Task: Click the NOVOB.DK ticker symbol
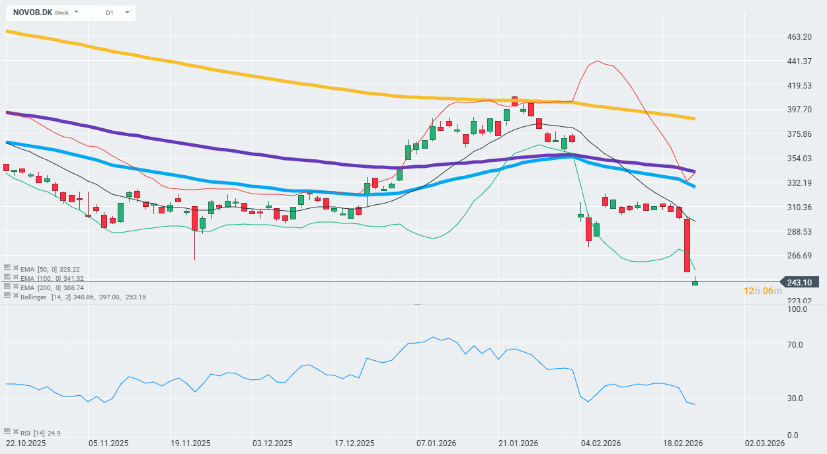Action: click(x=32, y=13)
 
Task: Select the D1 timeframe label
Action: click(x=109, y=13)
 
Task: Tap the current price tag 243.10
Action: click(x=799, y=282)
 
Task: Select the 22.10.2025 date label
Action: click(x=26, y=443)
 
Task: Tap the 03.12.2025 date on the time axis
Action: click(x=272, y=443)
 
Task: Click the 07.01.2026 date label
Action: click(x=436, y=443)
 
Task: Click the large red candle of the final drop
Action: click(x=688, y=245)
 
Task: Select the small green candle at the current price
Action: click(x=695, y=283)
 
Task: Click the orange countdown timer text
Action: click(x=762, y=291)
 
